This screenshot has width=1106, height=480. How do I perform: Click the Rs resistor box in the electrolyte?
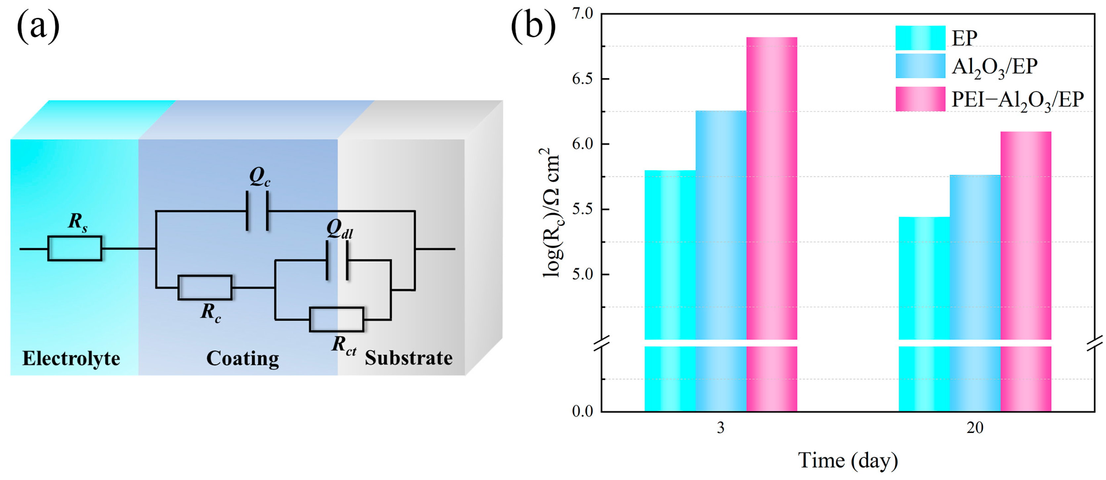tap(75, 248)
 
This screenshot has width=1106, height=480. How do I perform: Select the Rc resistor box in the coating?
tap(205, 287)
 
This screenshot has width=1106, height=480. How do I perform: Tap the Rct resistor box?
tap(336, 319)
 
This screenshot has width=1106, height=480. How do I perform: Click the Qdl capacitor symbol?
tap(337, 260)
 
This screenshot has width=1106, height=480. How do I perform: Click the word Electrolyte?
tap(71, 358)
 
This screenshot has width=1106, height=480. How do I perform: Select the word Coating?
tap(243, 358)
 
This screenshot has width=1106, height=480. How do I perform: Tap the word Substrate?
tap(408, 358)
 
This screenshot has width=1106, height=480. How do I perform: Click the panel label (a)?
tap(38, 27)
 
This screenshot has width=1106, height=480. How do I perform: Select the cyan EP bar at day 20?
tap(924, 279)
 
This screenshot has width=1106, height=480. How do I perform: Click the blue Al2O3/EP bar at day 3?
tap(721, 224)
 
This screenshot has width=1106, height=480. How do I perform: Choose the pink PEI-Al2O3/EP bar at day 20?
tap(1026, 236)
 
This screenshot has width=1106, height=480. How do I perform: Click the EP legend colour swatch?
tap(920, 38)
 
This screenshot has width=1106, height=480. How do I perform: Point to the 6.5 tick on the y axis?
tap(583, 79)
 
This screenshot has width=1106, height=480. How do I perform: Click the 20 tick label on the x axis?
tap(975, 428)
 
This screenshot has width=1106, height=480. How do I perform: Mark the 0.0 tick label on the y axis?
tap(583, 411)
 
